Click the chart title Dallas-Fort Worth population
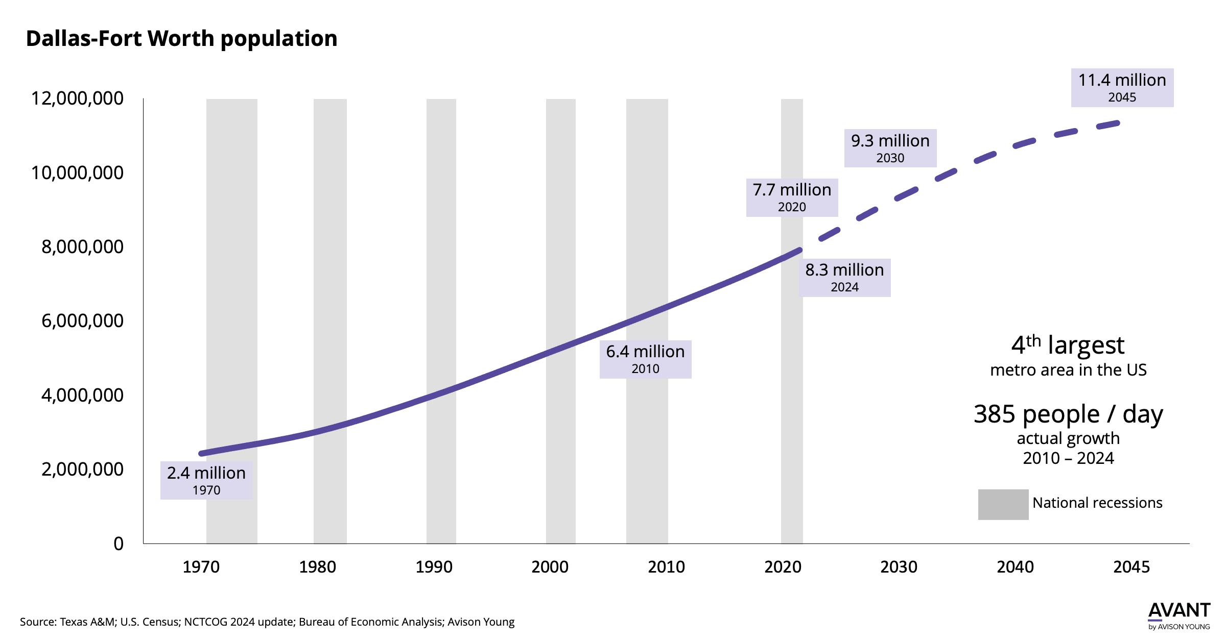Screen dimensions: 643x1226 (181, 39)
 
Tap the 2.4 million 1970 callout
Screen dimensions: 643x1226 (206, 480)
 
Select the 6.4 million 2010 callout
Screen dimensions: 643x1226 (645, 359)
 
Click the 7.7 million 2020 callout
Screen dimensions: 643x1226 (792, 197)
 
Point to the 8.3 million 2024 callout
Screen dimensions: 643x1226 (844, 278)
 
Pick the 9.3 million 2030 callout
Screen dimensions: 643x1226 (890, 148)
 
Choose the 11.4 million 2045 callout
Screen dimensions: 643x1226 (1122, 87)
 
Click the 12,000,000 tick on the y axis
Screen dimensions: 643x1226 (77, 98)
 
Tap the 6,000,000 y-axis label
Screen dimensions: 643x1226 (82, 320)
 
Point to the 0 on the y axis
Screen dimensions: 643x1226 (119, 543)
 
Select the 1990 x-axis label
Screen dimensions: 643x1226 (434, 567)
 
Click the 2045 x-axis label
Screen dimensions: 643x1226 (1131, 567)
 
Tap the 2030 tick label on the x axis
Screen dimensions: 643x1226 (899, 567)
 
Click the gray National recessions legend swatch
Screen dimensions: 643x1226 (1003, 504)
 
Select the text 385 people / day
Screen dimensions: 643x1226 (1068, 414)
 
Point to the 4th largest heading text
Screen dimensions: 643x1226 (1068, 345)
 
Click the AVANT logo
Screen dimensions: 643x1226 (1178, 615)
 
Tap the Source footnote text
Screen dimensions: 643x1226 (267, 622)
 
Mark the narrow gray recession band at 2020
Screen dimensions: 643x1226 (791, 408)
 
